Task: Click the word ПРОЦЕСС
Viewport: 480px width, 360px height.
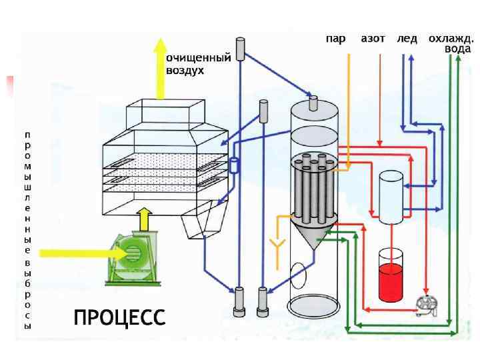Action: click(119, 317)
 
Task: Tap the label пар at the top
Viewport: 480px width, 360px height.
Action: click(335, 39)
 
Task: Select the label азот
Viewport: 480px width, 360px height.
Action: click(373, 39)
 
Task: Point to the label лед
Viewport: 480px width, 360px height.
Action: click(407, 39)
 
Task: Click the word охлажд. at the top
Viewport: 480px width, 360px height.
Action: click(451, 39)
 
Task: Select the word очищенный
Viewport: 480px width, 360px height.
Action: click(198, 58)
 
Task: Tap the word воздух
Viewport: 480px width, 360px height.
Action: click(185, 69)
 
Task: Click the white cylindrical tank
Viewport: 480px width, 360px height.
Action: click(390, 197)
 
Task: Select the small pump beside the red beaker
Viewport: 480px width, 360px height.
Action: click(424, 305)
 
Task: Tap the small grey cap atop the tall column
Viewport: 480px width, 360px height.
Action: click(315, 102)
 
